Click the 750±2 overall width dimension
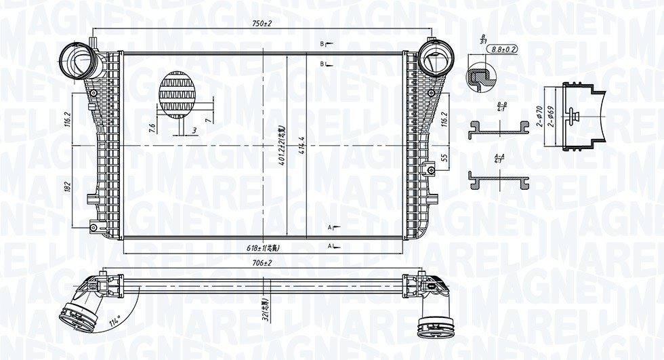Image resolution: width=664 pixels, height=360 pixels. [x=262, y=24]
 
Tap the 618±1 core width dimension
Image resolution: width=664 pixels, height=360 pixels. [x=264, y=248]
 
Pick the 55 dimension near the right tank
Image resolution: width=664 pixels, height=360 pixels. [x=444, y=157]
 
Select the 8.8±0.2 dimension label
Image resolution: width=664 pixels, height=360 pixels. [x=503, y=49]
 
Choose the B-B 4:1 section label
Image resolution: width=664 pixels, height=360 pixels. [x=501, y=106]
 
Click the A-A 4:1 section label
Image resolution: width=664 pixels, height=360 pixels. [x=499, y=159]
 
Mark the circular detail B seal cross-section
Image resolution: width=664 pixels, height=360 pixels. [x=481, y=77]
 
